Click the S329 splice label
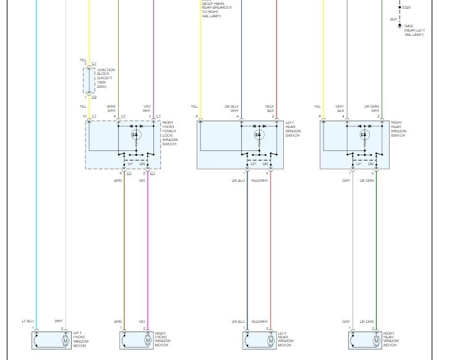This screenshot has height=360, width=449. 406,7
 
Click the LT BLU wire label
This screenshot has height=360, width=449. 28,321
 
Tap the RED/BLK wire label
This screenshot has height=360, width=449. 270,108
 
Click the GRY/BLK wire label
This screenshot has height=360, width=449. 340,108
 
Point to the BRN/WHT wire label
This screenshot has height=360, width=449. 111,108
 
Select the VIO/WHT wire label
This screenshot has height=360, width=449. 147,108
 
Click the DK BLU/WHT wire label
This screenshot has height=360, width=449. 231,108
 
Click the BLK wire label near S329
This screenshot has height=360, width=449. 393,19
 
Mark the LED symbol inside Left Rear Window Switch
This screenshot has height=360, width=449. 259,134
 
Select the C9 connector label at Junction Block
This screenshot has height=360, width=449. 94,97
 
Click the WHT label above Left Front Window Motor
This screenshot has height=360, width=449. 59,321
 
